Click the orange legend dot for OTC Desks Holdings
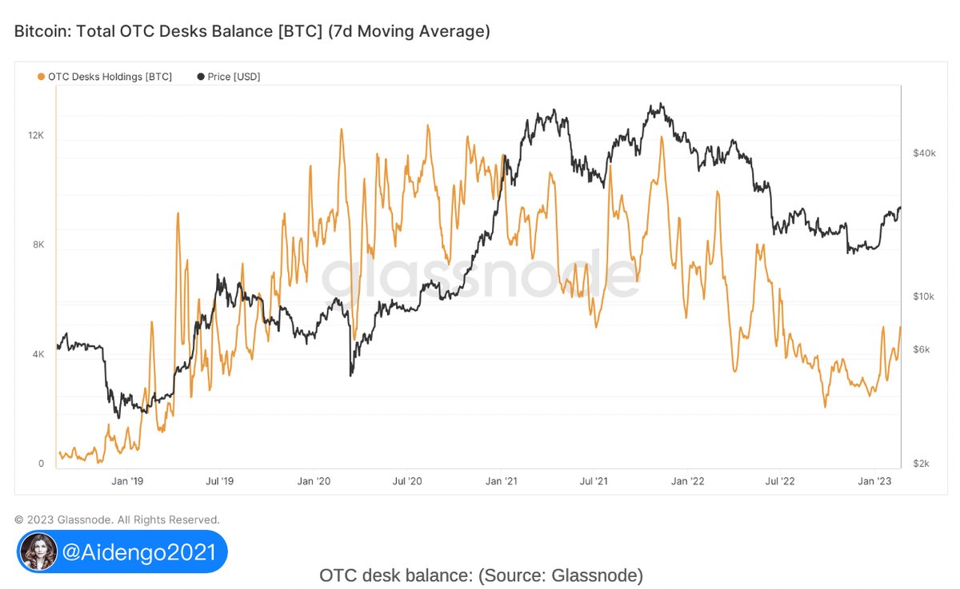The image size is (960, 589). click(x=41, y=77)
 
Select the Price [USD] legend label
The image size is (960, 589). click(x=234, y=77)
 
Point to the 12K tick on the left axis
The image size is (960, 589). click(x=36, y=136)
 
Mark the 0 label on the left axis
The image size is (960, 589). click(x=40, y=464)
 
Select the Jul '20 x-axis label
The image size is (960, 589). click(x=407, y=481)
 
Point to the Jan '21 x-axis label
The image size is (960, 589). click(x=501, y=481)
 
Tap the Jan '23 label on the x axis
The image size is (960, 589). click(x=874, y=481)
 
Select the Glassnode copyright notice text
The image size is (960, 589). click(x=117, y=519)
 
